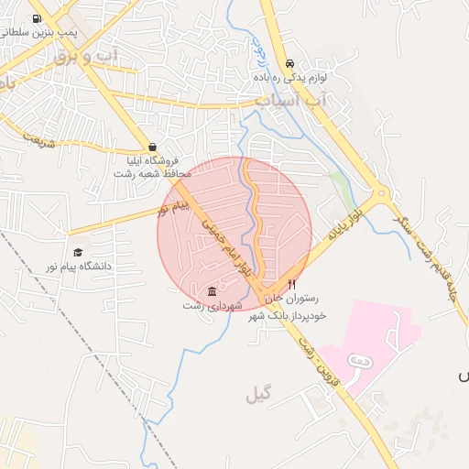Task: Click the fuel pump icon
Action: [37, 18]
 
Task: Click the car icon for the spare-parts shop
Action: [289, 64]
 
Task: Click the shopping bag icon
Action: [152, 147]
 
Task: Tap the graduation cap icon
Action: [78, 252]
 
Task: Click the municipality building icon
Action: [213, 291]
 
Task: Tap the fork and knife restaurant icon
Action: [291, 284]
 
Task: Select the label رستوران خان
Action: [291, 299]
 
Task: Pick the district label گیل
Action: [259, 395]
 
